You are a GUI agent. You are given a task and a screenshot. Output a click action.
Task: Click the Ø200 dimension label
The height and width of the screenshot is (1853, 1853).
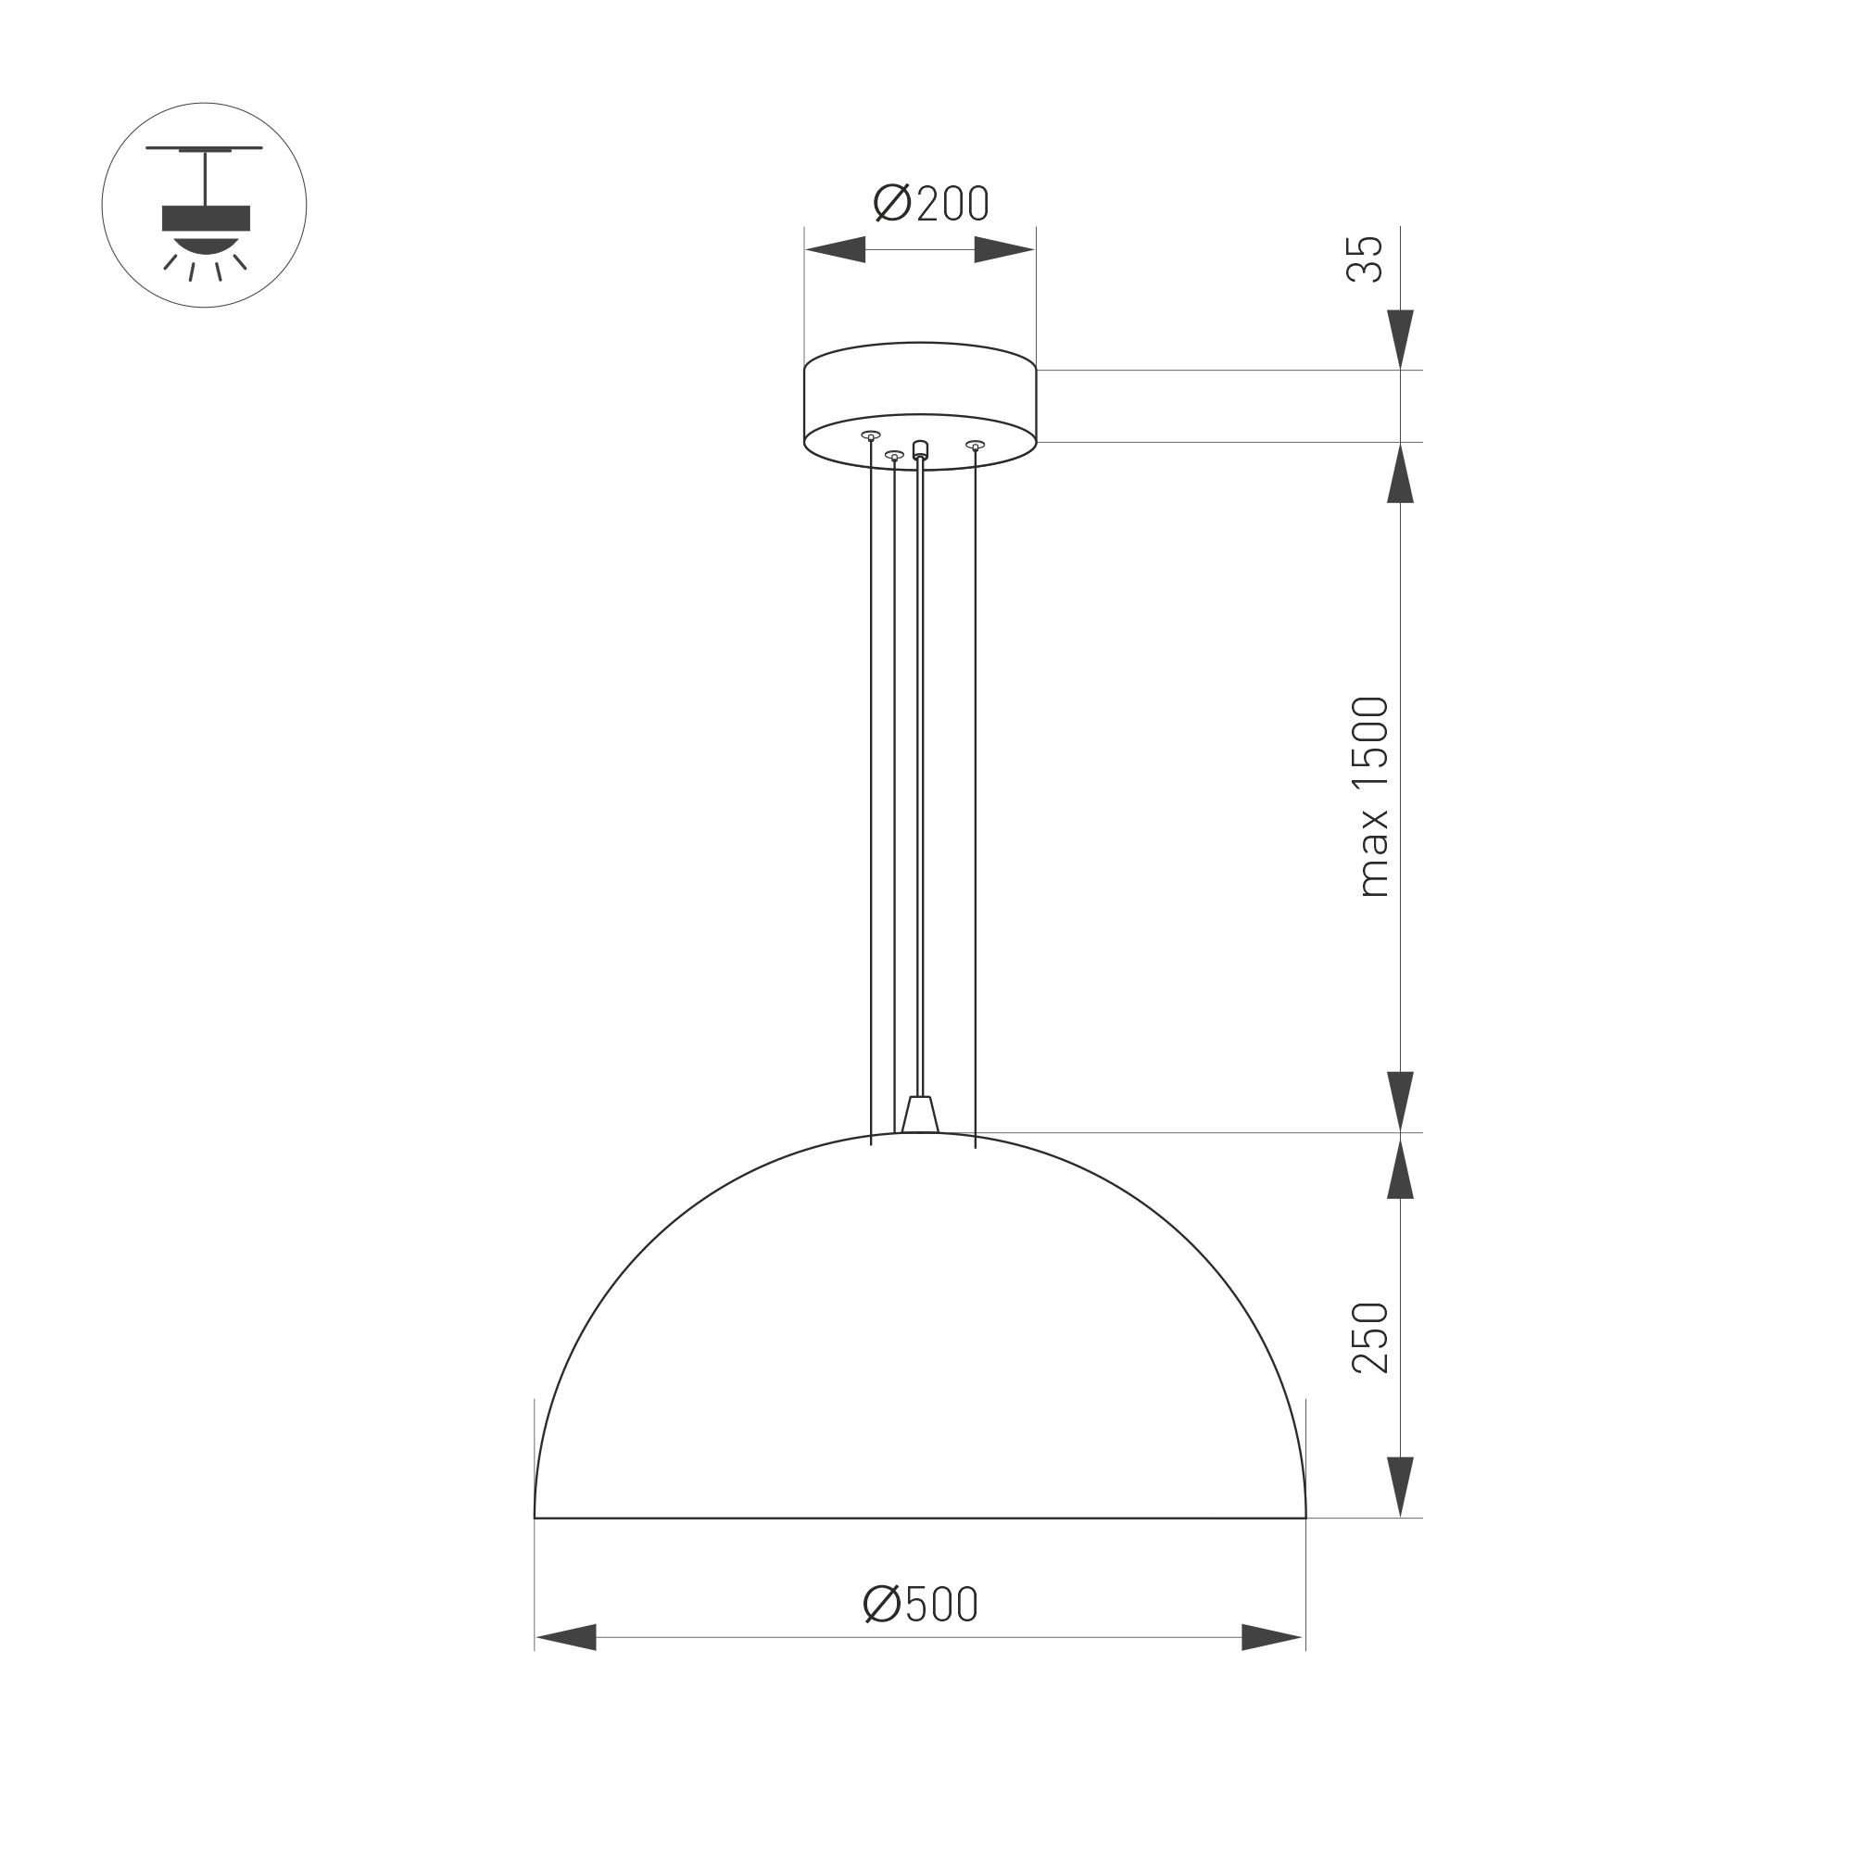(930, 203)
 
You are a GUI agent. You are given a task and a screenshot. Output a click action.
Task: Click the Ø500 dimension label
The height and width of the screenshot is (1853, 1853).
(920, 1604)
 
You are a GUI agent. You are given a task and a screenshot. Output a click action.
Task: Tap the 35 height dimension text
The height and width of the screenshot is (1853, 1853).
(1366, 259)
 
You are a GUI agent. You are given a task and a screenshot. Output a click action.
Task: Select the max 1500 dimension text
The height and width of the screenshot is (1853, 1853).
(1371, 797)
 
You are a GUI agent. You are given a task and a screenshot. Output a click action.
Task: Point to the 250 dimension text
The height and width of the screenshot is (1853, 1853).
(1369, 1338)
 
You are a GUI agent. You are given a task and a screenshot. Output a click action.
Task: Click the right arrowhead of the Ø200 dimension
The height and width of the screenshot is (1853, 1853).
(1003, 250)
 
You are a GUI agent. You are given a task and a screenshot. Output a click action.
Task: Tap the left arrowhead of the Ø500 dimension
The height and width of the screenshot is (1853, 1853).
(567, 1637)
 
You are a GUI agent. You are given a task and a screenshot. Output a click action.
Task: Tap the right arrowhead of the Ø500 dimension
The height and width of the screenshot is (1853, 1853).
(1271, 1637)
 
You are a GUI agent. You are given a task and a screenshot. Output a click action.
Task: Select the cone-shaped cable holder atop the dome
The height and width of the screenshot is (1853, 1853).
(920, 1115)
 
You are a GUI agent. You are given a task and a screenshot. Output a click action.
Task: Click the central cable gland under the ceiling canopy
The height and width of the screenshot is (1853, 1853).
(921, 448)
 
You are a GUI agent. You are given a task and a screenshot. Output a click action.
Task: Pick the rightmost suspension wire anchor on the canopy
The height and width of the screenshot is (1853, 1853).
(976, 445)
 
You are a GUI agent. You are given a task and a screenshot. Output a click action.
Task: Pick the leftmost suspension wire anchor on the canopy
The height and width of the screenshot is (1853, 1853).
(871, 435)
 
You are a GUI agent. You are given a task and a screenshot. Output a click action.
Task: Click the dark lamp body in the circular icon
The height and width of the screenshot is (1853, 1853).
(206, 218)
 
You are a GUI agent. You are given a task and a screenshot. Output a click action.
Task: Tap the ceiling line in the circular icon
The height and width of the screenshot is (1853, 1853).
(204, 148)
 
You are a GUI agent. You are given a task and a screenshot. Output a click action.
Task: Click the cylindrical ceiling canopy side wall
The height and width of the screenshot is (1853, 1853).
(920, 389)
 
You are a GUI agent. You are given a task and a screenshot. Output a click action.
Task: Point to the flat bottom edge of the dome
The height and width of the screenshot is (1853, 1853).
(920, 1519)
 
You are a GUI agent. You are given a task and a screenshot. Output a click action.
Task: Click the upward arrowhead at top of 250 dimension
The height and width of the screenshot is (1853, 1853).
(1400, 1167)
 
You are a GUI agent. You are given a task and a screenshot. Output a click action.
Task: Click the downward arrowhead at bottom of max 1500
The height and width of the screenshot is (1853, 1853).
(1400, 1100)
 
